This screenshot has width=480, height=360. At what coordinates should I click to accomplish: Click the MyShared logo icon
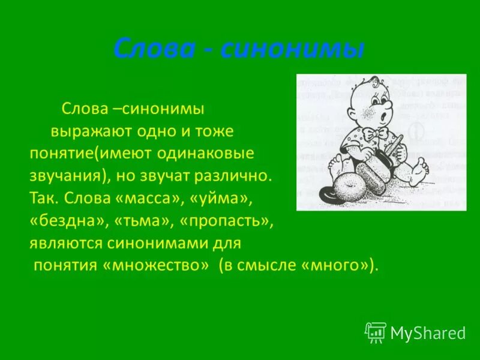(376, 332)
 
